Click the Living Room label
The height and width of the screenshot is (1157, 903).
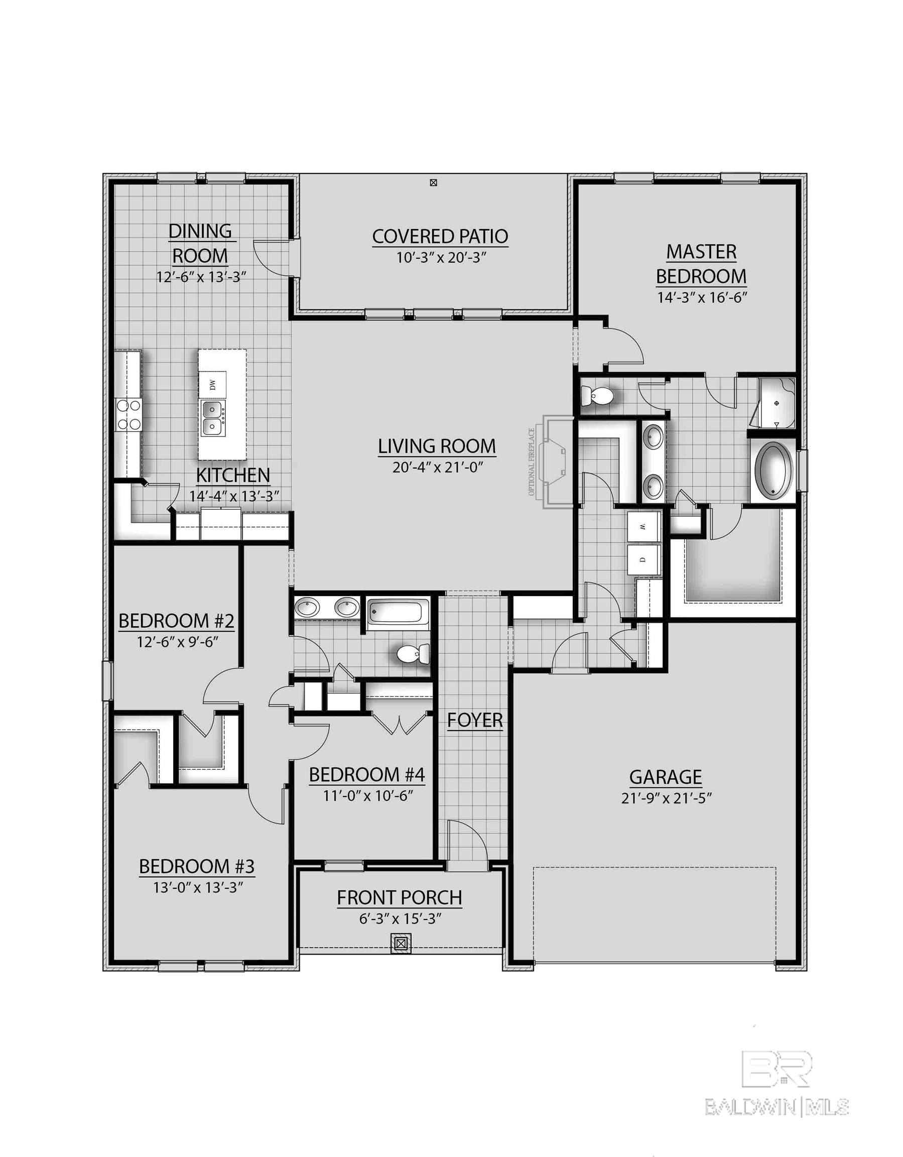[437, 446]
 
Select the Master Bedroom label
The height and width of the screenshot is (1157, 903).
[701, 264]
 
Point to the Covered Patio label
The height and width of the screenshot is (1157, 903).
[440, 237]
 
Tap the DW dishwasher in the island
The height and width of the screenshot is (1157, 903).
[213, 385]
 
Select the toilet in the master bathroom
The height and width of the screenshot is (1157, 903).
[597, 395]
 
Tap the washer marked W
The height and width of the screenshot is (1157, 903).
[643, 527]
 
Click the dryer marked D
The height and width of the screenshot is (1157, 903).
[643, 560]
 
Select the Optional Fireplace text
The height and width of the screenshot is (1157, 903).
[531, 462]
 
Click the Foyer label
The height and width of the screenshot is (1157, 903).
[474, 721]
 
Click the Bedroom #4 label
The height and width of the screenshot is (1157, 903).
[366, 775]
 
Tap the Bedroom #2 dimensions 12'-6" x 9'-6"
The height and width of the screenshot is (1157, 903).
[177, 642]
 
